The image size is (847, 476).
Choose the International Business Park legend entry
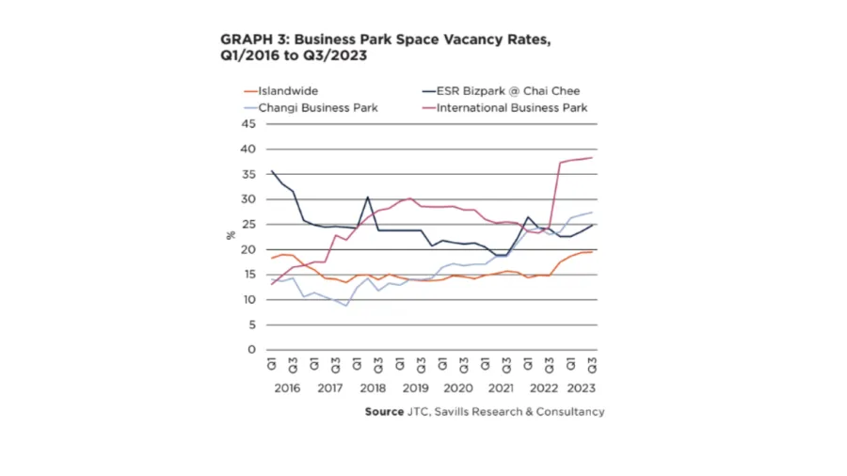[512, 107]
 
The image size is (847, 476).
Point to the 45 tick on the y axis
[249, 124]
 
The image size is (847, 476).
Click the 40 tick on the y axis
[249, 150]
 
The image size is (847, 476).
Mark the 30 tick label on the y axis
[249, 199]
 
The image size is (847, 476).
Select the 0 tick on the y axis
[252, 350]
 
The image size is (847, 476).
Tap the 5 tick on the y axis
[252, 325]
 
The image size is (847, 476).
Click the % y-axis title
[230, 236]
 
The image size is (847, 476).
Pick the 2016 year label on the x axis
[286, 388]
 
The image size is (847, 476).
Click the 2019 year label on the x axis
[415, 388]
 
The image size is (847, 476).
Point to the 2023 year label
[581, 388]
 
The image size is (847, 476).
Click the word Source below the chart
[384, 412]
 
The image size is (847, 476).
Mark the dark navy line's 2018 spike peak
[367, 197]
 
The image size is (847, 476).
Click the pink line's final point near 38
[592, 158]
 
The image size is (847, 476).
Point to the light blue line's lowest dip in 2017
[346, 306]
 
